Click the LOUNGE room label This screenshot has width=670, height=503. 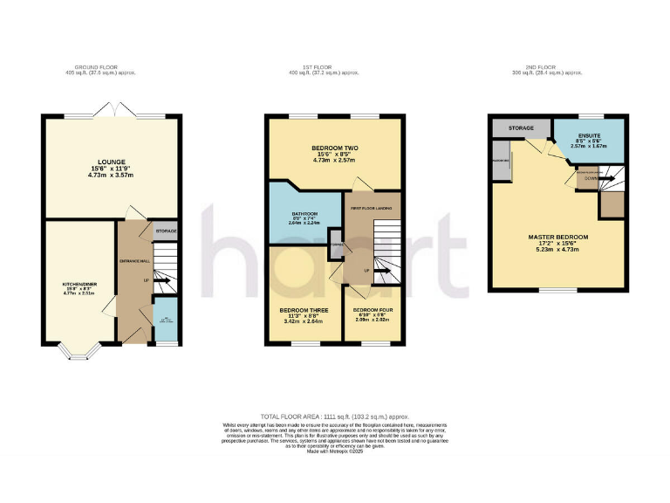pos(112,162)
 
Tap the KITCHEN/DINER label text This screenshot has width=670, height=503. pos(74,284)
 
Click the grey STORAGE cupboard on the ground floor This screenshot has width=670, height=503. pos(166,231)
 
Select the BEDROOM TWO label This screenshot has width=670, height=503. pos(335,149)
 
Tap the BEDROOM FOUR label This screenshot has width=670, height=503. pos(373,310)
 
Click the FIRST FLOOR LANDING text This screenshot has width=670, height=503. pos(372,208)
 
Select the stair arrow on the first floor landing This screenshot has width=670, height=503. pos(384,267)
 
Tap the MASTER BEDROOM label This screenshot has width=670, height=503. pos(558,237)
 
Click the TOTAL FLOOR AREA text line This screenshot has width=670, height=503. pos(335,418)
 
